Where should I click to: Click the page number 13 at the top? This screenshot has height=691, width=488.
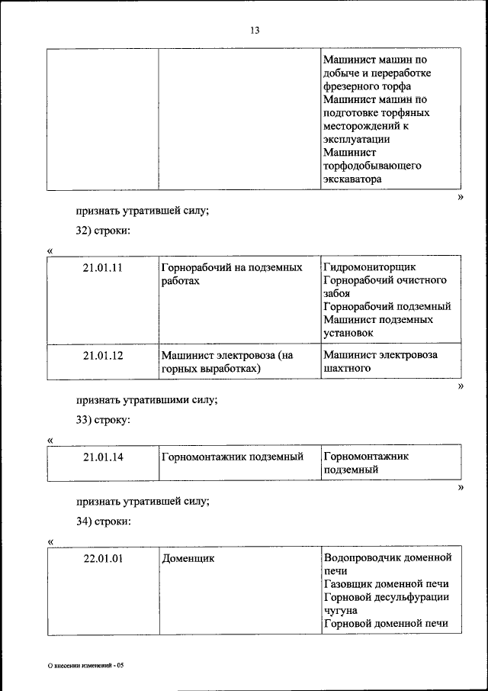254,31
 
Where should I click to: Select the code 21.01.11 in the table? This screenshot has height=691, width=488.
103,268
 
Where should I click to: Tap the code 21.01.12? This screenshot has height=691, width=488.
103,355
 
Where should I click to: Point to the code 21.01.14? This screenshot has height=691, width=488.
103,457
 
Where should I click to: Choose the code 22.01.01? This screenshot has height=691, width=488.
103,558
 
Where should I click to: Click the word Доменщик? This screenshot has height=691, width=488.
188,558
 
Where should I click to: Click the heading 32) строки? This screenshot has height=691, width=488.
103,231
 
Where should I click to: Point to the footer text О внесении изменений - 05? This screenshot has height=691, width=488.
85,666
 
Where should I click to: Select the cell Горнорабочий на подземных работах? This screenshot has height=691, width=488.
232,274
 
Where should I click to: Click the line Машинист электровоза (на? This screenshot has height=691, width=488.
227,355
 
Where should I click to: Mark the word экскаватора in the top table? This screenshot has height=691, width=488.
352,179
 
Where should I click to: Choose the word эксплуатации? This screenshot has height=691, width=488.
356,140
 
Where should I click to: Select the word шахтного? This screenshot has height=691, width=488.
347,368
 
